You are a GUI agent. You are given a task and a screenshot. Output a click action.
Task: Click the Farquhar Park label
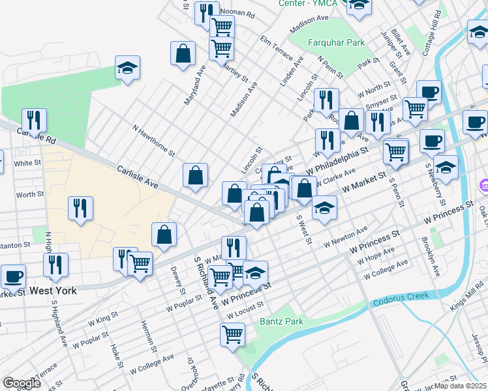[336, 42]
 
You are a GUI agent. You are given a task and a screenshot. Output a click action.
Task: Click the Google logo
[22, 383]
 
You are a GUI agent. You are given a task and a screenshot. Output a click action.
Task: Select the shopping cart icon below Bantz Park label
[233, 335]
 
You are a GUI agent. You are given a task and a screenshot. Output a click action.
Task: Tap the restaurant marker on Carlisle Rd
[33, 120]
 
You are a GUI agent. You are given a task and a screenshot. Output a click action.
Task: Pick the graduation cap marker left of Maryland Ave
[128, 67]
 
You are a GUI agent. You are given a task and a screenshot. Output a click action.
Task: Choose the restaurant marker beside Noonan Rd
[207, 12]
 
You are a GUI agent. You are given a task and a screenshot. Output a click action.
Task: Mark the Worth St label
[30, 194]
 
